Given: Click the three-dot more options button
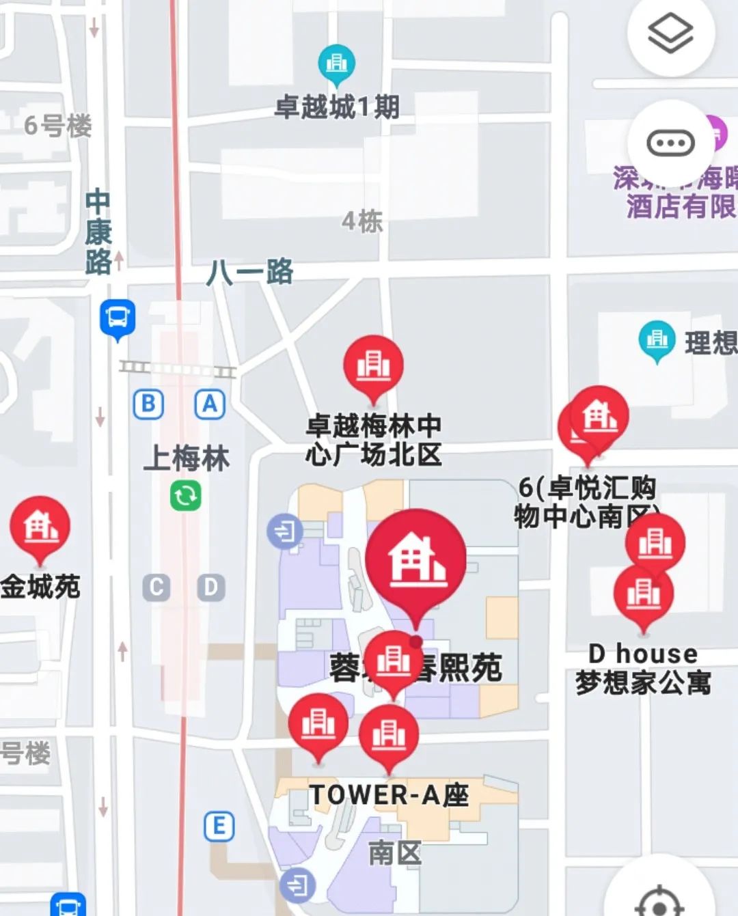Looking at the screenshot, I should click(670, 143).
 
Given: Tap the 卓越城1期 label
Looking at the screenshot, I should click(337, 107).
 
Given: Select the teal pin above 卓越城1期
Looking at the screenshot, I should click(336, 64).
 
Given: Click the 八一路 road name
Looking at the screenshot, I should click(250, 272).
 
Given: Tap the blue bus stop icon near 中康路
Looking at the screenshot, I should click(118, 318).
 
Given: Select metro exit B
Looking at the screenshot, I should click(148, 404).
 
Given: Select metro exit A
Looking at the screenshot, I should click(210, 404).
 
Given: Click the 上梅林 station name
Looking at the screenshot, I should click(187, 458).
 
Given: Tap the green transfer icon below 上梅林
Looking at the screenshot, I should click(186, 495).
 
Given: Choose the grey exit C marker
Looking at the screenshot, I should click(156, 587).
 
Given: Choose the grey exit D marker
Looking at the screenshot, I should click(210, 587).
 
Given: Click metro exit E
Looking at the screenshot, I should click(219, 826).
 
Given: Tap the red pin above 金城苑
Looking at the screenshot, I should click(40, 527).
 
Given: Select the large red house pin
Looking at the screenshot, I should click(415, 560).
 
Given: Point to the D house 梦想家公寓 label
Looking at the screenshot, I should click(643, 668).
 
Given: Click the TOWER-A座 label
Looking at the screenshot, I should click(389, 795).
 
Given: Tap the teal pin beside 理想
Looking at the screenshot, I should click(657, 339).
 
